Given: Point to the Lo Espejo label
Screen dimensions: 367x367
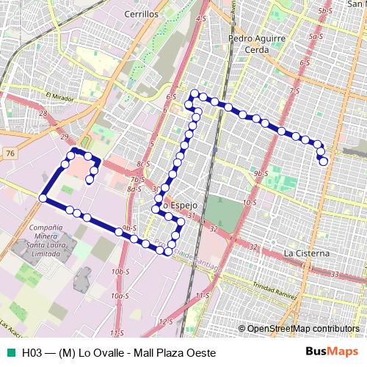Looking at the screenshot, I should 178,206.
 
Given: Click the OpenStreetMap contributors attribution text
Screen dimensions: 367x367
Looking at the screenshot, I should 297,328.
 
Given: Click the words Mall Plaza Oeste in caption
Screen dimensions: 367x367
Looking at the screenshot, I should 172,353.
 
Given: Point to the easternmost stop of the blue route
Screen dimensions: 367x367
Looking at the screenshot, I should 324,161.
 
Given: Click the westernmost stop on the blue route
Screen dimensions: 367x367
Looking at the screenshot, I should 43,198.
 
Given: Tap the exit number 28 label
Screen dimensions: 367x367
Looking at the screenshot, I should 43,114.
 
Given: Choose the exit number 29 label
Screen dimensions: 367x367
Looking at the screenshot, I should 65,137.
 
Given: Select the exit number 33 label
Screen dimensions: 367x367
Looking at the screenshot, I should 334,274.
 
